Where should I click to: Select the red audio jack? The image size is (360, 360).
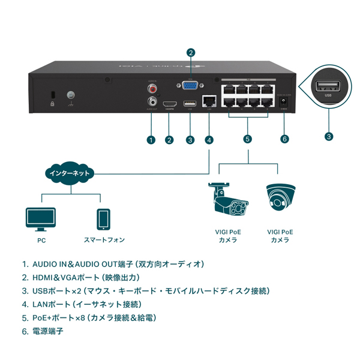click(x=152, y=89)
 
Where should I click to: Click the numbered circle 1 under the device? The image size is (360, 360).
click(x=151, y=140)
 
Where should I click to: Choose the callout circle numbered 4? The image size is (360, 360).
click(x=209, y=140)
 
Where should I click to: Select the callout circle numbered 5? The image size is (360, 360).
click(x=248, y=139)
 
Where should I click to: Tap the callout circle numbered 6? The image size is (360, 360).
click(x=285, y=139)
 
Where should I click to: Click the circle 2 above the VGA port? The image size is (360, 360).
click(x=191, y=52)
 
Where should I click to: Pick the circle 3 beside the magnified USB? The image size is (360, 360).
click(x=329, y=136)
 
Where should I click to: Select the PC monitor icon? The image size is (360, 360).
click(x=41, y=220)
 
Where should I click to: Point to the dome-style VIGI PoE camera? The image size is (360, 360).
click(x=280, y=200)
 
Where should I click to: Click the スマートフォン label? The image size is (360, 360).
click(x=104, y=240)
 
